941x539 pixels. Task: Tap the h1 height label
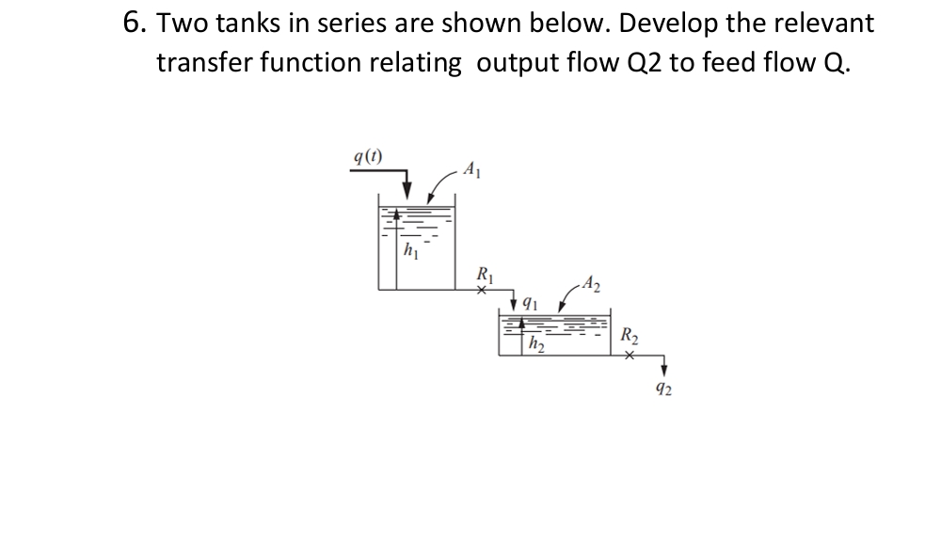[x=410, y=250]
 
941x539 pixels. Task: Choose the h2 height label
[x=536, y=344]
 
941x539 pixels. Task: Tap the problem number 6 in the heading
[x=134, y=23]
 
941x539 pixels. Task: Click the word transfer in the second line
[x=209, y=62]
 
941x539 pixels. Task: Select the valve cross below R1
[x=481, y=291]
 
